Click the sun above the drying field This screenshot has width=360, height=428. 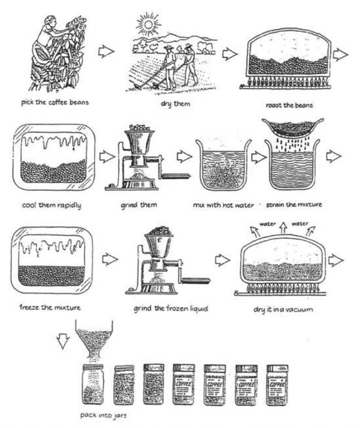coord(151,23)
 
